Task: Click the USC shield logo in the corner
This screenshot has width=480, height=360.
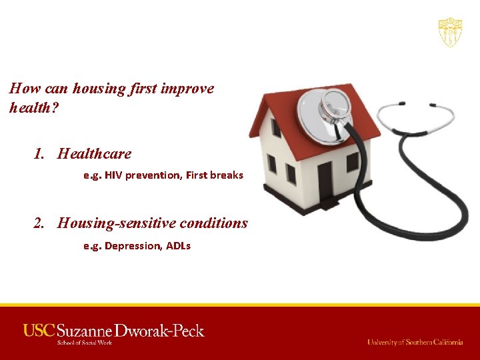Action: pyautogui.click(x=450, y=32)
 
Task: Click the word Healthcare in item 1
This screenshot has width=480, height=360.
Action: pyautogui.click(x=94, y=153)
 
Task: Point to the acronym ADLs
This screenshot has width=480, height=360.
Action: pyautogui.click(x=178, y=246)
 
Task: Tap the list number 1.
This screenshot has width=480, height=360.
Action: pyautogui.click(x=40, y=153)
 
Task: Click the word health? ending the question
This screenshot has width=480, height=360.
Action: pyautogui.click(x=34, y=107)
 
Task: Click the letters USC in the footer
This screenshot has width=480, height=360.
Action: pyautogui.click(x=39, y=330)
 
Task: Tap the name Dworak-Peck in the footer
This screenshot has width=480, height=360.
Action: pyautogui.click(x=159, y=331)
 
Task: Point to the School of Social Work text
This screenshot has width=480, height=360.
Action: pyautogui.click(x=67, y=343)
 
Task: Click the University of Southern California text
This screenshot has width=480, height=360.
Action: pyautogui.click(x=415, y=342)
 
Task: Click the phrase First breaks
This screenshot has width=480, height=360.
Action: pyautogui.click(x=215, y=175)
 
